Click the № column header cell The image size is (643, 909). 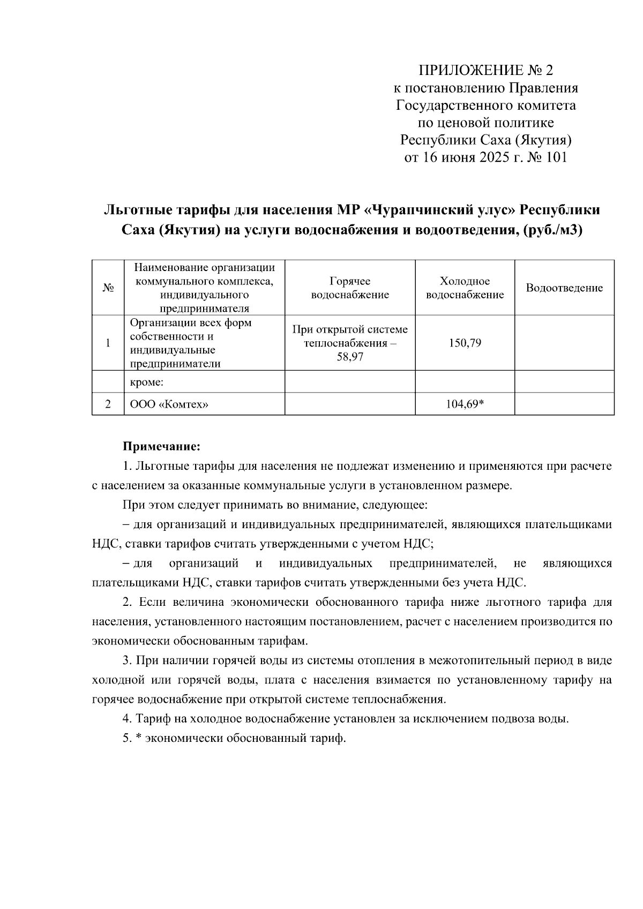pyautogui.click(x=108, y=288)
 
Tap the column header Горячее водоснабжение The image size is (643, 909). pyautogui.click(x=350, y=288)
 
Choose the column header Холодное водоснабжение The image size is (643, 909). pyautogui.click(x=465, y=288)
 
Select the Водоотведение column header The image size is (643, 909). pyautogui.click(x=564, y=288)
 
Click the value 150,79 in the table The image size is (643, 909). pyautogui.click(x=465, y=343)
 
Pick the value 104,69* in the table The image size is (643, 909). pyautogui.click(x=465, y=404)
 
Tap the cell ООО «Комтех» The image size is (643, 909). pyautogui.click(x=169, y=404)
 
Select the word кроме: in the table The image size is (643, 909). pyautogui.click(x=147, y=382)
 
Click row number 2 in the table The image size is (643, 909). pyautogui.click(x=108, y=404)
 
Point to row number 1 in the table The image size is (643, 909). pyautogui.click(x=108, y=343)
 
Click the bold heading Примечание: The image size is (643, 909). pyautogui.click(x=161, y=446)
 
